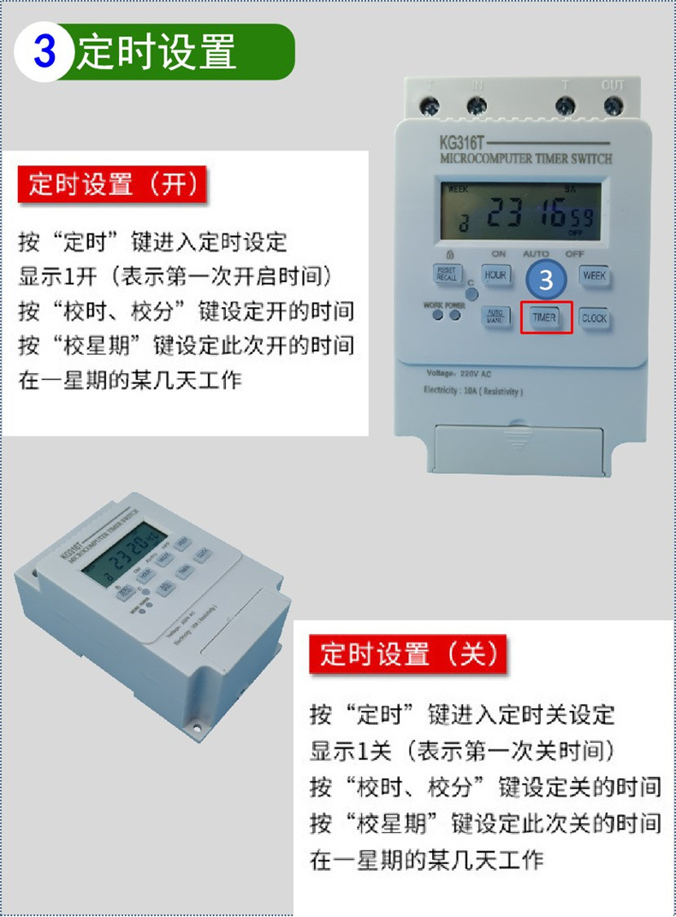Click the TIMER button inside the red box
point(545,317)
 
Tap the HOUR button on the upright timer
point(495,275)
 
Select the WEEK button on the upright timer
point(594,275)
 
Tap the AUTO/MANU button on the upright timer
point(495,315)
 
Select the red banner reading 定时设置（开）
point(113,185)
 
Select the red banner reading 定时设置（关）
point(408,654)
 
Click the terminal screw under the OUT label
point(613,106)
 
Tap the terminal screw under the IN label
point(477,106)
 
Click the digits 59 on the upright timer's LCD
point(583,216)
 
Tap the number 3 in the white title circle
point(44,52)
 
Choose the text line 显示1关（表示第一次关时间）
point(462,751)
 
